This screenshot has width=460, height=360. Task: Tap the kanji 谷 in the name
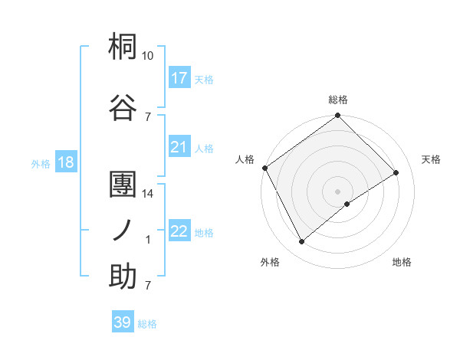coord(123,106)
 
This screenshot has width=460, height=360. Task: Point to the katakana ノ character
coord(123,229)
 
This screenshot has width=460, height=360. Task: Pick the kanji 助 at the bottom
coord(123,276)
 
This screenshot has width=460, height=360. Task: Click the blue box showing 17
coord(179,78)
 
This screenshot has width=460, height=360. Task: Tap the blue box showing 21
coord(179,147)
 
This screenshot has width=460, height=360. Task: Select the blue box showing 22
coord(179,231)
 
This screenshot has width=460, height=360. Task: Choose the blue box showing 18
coord(64,162)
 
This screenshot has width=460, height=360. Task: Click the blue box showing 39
coord(123,322)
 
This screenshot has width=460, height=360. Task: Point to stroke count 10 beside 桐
coord(148,56)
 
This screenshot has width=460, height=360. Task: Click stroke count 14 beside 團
coord(148,194)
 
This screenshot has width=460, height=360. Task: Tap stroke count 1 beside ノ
coord(148,240)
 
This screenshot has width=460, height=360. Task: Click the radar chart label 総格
coord(338,100)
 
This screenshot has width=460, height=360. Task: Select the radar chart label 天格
coord(431,159)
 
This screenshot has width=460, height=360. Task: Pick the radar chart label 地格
coord(402,262)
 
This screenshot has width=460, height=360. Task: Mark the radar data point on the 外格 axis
coord(302,241)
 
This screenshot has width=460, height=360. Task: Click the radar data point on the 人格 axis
coord(264,168)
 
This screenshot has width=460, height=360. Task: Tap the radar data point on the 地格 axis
coord(347,204)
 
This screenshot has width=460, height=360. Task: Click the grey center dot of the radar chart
coord(337,191)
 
